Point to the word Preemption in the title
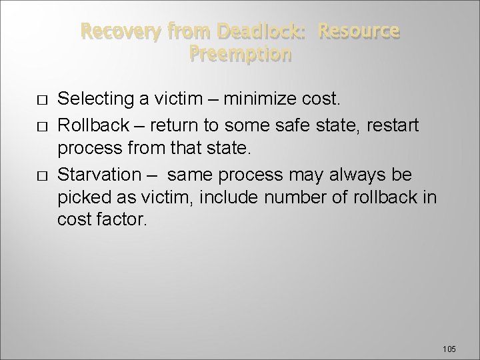[x=240, y=53]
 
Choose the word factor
[x=121, y=220]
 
